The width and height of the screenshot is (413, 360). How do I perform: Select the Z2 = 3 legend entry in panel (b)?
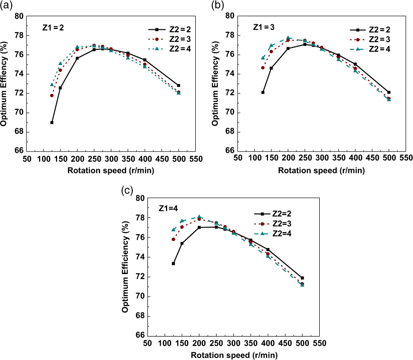[378, 40]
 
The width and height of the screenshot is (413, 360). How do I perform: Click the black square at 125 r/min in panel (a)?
[52, 122]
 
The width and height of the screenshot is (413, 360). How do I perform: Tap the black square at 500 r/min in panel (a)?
[179, 85]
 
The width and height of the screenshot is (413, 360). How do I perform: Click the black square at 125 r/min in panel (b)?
[263, 92]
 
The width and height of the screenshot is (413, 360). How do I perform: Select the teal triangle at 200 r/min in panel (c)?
[199, 216]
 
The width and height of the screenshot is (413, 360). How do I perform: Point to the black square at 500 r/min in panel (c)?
[302, 278]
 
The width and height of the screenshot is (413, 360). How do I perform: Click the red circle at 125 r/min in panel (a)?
[52, 95]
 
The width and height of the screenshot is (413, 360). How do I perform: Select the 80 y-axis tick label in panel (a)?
[19, 16]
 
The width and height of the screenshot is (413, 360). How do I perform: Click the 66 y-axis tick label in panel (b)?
[230, 150]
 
